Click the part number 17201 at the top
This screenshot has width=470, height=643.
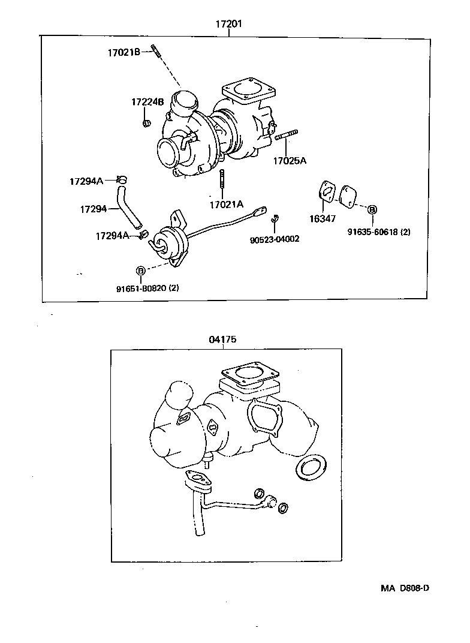click(228, 25)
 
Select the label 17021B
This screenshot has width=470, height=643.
click(123, 53)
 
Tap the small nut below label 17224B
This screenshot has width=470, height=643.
click(146, 124)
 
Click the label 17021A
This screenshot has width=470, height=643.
click(227, 205)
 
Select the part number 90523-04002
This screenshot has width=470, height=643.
click(275, 239)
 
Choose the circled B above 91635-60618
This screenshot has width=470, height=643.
click(372, 209)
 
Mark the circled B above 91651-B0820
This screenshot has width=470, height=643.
click(141, 271)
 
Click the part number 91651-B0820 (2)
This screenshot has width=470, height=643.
click(147, 288)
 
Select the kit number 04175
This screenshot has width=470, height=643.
click(222, 339)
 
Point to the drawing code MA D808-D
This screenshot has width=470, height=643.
click(405, 588)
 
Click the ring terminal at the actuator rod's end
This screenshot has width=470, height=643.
click(260, 211)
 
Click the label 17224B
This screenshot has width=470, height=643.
click(147, 102)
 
